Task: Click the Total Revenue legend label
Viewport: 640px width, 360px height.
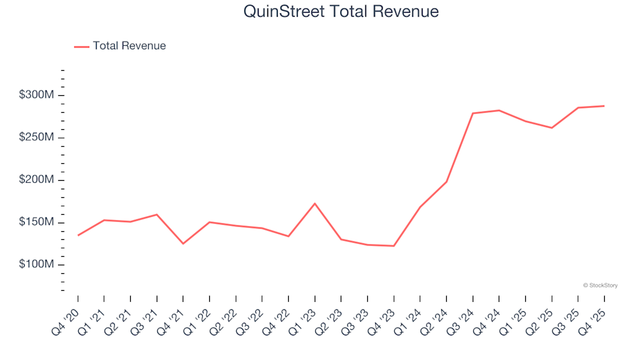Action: coord(129,46)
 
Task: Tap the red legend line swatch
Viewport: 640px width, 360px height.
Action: coord(81,47)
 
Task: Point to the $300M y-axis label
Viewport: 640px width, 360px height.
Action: coord(37,95)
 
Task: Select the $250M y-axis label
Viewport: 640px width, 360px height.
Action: coord(37,138)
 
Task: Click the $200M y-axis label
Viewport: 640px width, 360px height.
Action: coord(37,180)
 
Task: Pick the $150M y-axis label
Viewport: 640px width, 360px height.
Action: coord(37,223)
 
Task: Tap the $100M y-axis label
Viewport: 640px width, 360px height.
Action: coord(37,265)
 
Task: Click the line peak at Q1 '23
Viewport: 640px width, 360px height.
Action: coord(315,203)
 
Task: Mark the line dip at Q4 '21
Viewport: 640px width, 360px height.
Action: coord(183,243)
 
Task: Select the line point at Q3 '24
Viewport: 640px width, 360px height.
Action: coord(473,113)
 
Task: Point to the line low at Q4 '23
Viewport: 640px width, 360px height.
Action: coord(393,246)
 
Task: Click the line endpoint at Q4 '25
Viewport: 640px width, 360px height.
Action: coord(604,106)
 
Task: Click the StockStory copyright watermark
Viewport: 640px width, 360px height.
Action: coord(600,285)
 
